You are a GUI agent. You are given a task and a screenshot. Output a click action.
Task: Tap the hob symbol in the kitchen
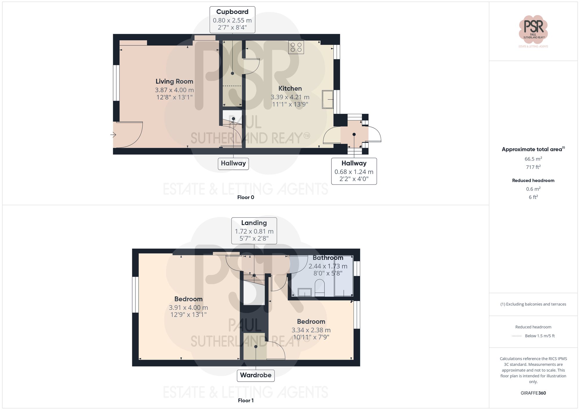(x=296, y=47)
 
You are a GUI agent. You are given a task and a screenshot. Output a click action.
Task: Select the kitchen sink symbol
(x=327, y=99)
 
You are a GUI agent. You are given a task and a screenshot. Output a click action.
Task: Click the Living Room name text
(x=174, y=81)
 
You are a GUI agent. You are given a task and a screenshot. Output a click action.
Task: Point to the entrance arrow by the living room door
(x=113, y=135)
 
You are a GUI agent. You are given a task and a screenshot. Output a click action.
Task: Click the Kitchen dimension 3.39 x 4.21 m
(x=290, y=97)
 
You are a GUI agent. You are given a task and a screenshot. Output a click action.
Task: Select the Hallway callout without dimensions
(x=233, y=163)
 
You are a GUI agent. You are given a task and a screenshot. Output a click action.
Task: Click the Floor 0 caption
(x=246, y=197)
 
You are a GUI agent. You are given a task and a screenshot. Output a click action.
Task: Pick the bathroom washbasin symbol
(x=304, y=292)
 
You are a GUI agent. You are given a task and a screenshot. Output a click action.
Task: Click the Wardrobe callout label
(x=255, y=375)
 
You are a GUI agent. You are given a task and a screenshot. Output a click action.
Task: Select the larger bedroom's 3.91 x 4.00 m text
(x=188, y=307)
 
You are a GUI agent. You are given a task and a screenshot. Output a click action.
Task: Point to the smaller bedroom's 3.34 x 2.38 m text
(x=311, y=330)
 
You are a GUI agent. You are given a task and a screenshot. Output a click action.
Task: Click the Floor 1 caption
(x=246, y=400)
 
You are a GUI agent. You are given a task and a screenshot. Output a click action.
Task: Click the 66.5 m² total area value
(x=533, y=159)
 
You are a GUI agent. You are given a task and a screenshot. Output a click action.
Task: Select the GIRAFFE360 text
(x=533, y=393)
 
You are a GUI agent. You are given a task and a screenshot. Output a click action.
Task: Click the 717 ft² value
(x=533, y=167)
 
